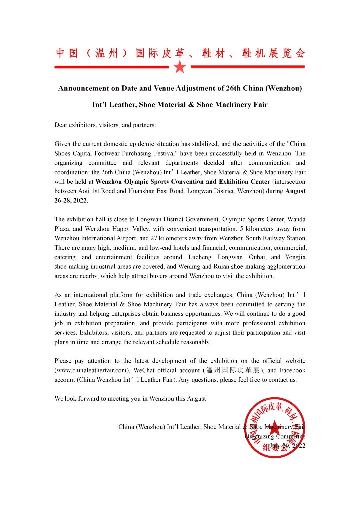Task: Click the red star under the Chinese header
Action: pyautogui.click(x=180, y=67)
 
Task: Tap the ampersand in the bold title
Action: pyautogui.click(x=191, y=105)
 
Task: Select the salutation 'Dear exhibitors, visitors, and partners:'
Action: pyautogui.click(x=105, y=125)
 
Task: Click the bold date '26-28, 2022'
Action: pyautogui.click(x=71, y=201)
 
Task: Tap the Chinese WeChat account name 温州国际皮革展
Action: pyautogui.click(x=233, y=370)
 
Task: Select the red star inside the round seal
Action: pyautogui.click(x=274, y=427)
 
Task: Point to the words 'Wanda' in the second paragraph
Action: pyautogui.click(x=296, y=219)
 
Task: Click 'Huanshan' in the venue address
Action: pyautogui.click(x=141, y=191)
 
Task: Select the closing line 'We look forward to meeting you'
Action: pyautogui.click(x=131, y=399)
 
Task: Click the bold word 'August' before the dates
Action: pyautogui.click(x=295, y=191)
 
